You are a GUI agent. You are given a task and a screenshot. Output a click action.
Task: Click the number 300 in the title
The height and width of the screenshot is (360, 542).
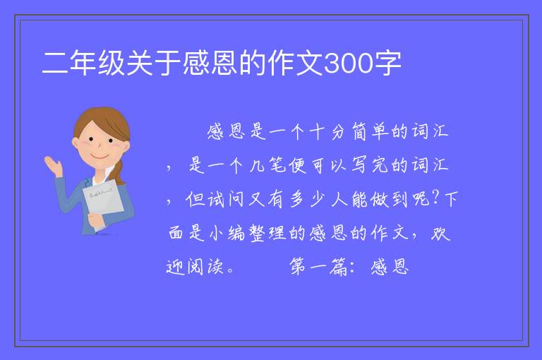tap(349, 64)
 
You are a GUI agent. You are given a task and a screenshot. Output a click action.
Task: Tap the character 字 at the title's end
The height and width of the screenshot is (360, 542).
tap(387, 64)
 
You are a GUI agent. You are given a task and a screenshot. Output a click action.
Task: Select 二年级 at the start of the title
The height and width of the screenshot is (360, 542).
tap(83, 64)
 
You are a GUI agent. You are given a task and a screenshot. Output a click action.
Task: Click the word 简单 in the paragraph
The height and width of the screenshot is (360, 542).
tap(371, 132)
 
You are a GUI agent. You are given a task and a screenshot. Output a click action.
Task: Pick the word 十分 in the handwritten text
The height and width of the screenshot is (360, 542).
tap(326, 132)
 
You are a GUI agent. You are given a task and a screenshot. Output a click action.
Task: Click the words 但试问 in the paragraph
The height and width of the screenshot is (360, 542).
tap(215, 199)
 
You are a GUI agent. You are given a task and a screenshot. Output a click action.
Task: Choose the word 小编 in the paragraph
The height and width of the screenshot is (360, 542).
tap(227, 233)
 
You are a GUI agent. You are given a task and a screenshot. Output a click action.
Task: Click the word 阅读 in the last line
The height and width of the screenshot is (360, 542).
tap(205, 267)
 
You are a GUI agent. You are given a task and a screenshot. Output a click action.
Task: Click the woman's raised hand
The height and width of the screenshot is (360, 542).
tap(53, 165)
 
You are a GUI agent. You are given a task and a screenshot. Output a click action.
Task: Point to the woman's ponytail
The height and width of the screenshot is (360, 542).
tap(119, 172)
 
